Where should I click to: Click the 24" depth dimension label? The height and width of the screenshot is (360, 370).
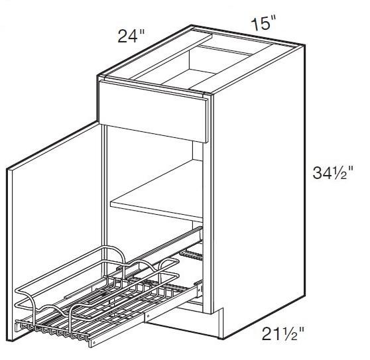pos(129,34)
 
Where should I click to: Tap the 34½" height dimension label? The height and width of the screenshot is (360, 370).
pos(337,175)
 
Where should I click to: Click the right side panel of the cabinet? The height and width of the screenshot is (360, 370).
pos(259,192)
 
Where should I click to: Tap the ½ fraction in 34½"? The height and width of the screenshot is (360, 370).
pos(345,175)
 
